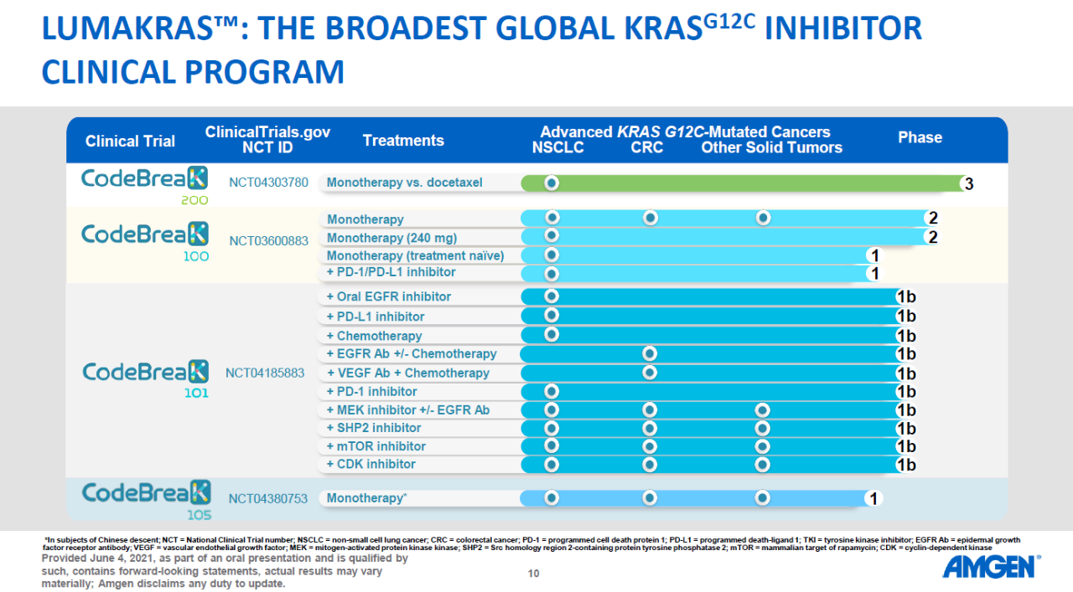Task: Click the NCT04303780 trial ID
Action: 268,183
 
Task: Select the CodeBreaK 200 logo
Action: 145,184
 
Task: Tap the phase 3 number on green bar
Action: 969,184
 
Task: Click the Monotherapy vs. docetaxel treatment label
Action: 404,183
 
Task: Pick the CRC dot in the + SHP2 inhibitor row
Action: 650,428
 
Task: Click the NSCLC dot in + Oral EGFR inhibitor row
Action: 552,296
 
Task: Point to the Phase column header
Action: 920,138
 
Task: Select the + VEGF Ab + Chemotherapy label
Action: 407,373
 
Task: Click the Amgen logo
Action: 990,567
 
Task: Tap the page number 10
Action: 533,574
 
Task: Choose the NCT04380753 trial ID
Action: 268,498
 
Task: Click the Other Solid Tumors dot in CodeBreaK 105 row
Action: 762,498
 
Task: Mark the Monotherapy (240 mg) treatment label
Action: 391,238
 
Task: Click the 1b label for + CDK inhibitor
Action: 905,466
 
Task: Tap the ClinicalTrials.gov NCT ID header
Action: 267,140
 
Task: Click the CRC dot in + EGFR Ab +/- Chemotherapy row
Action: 650,354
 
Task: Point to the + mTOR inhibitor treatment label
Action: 376,446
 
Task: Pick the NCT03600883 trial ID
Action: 268,241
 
